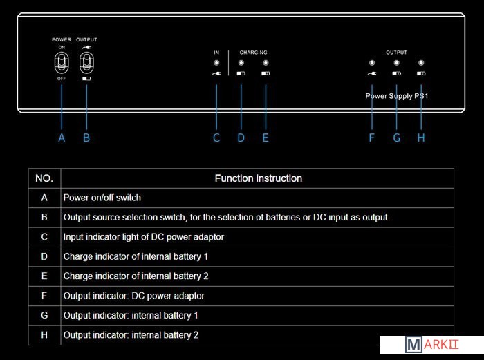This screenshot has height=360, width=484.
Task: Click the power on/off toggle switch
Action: [62, 63]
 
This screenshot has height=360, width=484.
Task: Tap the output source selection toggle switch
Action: [86, 63]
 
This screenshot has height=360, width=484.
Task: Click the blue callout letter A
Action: [62, 138]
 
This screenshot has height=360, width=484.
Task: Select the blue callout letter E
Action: [266, 138]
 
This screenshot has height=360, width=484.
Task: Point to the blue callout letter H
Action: [421, 138]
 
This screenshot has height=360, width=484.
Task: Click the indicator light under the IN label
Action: [216, 63]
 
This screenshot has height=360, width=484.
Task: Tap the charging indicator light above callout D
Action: [241, 63]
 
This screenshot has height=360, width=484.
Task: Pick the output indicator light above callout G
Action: [396, 63]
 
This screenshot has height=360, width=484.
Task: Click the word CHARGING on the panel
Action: [253, 53]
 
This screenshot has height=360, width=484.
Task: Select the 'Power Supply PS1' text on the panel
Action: [398, 96]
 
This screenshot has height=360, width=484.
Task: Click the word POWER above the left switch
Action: [62, 40]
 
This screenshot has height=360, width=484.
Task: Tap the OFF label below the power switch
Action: [62, 79]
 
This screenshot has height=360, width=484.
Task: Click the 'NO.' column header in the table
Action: [44, 178]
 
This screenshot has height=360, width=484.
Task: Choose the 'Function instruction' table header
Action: [258, 178]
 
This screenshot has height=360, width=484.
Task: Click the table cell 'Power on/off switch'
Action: [102, 198]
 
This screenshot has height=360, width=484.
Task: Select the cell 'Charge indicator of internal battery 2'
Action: [136, 276]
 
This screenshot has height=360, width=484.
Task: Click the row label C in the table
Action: [44, 237]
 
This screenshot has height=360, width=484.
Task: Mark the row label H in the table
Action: [44, 335]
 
